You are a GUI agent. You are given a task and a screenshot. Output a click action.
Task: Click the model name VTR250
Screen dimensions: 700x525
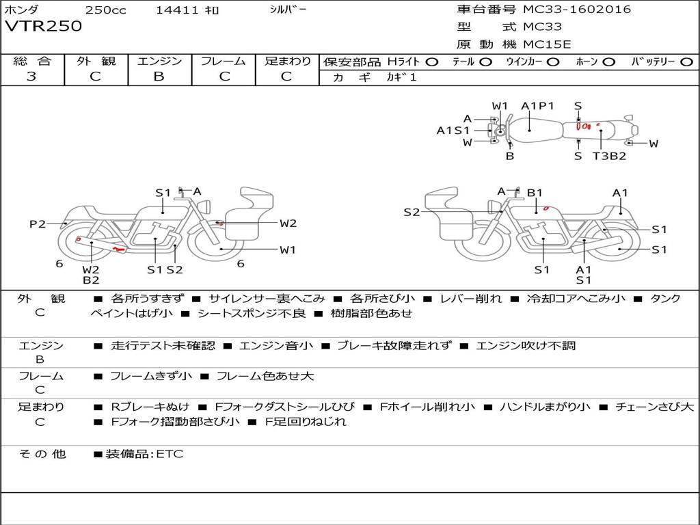click(x=44, y=27)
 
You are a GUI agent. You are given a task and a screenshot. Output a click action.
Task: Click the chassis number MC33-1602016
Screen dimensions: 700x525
click(x=577, y=10)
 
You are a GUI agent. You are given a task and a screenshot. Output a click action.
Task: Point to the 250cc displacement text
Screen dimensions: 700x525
click(x=105, y=10)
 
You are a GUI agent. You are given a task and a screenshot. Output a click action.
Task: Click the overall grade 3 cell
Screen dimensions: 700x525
click(x=31, y=77)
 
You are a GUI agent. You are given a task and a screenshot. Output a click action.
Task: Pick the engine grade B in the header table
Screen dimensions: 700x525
click(x=159, y=77)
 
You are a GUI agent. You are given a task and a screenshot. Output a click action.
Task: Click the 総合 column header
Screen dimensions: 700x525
click(x=32, y=62)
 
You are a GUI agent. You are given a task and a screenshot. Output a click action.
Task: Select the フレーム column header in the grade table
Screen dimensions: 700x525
click(x=223, y=62)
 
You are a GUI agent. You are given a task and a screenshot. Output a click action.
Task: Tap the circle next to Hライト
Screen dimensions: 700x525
click(x=432, y=62)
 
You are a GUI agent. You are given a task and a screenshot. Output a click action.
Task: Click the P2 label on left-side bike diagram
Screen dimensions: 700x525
click(x=38, y=224)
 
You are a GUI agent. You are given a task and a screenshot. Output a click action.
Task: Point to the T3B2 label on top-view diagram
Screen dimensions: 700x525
click(x=609, y=156)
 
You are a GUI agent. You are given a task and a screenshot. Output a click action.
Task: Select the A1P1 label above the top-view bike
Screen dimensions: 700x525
click(x=537, y=106)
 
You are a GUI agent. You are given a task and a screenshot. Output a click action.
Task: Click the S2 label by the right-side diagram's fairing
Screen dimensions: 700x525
click(x=412, y=212)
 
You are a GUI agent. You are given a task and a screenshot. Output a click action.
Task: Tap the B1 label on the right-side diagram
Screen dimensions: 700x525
click(x=535, y=193)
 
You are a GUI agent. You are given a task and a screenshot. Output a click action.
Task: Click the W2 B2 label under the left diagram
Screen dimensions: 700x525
click(x=92, y=275)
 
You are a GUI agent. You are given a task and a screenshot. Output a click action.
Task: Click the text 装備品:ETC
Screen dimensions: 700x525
click(x=144, y=454)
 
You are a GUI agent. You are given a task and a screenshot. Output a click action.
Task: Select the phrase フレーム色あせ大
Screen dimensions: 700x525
click(x=265, y=376)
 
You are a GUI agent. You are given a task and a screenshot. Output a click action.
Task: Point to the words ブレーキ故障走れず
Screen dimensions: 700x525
click(x=394, y=346)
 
